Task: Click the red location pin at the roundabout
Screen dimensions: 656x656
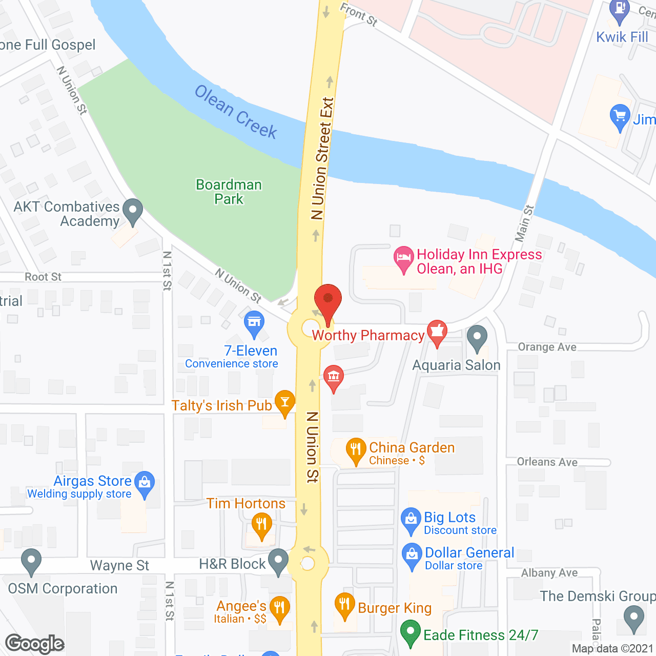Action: click(x=327, y=300)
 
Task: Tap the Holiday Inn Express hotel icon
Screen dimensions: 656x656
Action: click(x=403, y=257)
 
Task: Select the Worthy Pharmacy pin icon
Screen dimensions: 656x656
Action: click(x=437, y=331)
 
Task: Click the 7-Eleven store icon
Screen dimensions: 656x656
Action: click(x=254, y=322)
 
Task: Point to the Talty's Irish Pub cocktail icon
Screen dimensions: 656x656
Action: click(x=285, y=402)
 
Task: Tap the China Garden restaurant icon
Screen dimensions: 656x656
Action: click(x=356, y=449)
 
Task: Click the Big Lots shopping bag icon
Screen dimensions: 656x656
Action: click(x=411, y=519)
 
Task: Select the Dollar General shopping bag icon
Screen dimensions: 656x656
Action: click(x=412, y=555)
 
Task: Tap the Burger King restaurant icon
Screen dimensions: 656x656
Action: click(x=344, y=605)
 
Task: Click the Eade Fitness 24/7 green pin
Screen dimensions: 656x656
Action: click(x=410, y=631)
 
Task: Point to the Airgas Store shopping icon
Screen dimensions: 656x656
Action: click(x=145, y=483)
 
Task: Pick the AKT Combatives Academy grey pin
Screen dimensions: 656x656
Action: click(x=133, y=210)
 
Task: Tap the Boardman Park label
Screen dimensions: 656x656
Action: click(x=229, y=192)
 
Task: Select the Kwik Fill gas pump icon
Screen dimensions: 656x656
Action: click(x=620, y=10)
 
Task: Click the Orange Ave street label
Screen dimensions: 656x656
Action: click(x=547, y=347)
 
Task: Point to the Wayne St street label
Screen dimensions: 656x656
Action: click(x=119, y=565)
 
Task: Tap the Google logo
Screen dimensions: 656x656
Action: click(x=35, y=643)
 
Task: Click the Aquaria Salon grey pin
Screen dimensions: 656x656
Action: click(x=477, y=337)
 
